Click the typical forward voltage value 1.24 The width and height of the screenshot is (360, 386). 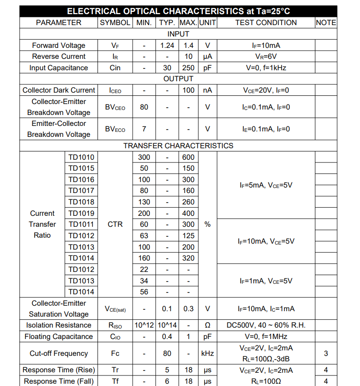click(167, 45)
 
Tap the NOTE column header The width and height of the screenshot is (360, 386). click(326, 22)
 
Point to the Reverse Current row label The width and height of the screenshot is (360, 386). click(59, 57)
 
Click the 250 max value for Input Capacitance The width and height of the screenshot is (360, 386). click(188, 68)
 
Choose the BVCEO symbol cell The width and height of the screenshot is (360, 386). click(115, 107)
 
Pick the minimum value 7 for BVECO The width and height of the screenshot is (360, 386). click(144, 129)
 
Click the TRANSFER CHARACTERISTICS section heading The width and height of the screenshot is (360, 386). click(178, 146)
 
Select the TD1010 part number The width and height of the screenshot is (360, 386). click(82, 157)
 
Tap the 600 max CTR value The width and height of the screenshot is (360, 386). click(188, 157)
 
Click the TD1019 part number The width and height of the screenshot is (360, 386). click(82, 213)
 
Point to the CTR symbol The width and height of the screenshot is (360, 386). click(115, 224)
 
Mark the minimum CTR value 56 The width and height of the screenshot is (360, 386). click(144, 292)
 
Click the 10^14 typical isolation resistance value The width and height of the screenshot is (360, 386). click(167, 325)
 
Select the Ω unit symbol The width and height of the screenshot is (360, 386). click(207, 325)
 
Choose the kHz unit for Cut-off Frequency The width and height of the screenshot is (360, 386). click(207, 353)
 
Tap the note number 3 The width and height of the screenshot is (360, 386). click(326, 353)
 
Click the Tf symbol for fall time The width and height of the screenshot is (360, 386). click(115, 381)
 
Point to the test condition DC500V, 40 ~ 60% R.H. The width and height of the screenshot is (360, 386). click(266, 325)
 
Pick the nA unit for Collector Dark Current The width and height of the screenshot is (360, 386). click(207, 90)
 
